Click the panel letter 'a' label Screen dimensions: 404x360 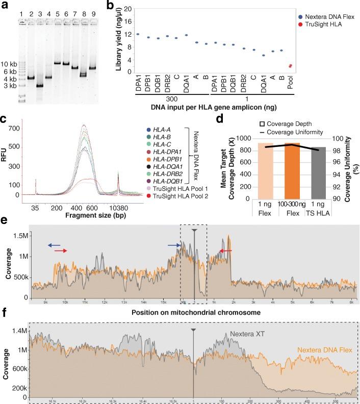click(x=5, y=5)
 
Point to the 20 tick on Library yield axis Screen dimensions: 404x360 click(x=136, y=9)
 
